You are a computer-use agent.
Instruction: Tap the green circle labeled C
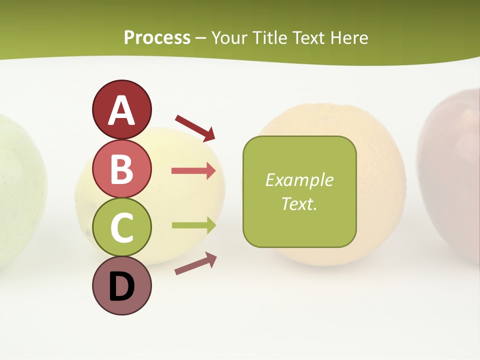pos(121,227)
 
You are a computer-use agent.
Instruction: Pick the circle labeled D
pos(121,286)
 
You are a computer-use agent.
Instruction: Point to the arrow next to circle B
pos(193,171)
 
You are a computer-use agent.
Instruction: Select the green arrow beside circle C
pos(193,225)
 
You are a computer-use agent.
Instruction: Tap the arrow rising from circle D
pos(195,263)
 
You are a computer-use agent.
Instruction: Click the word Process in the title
pos(157,38)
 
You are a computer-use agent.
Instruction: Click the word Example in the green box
pos(299,180)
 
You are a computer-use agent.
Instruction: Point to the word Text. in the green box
pos(299,204)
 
